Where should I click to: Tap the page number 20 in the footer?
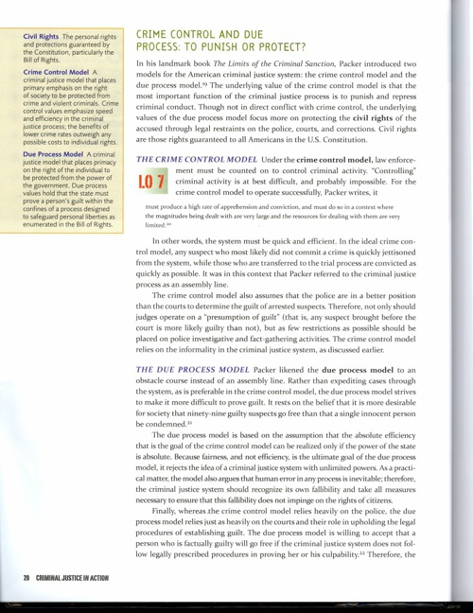coord(28,576)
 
